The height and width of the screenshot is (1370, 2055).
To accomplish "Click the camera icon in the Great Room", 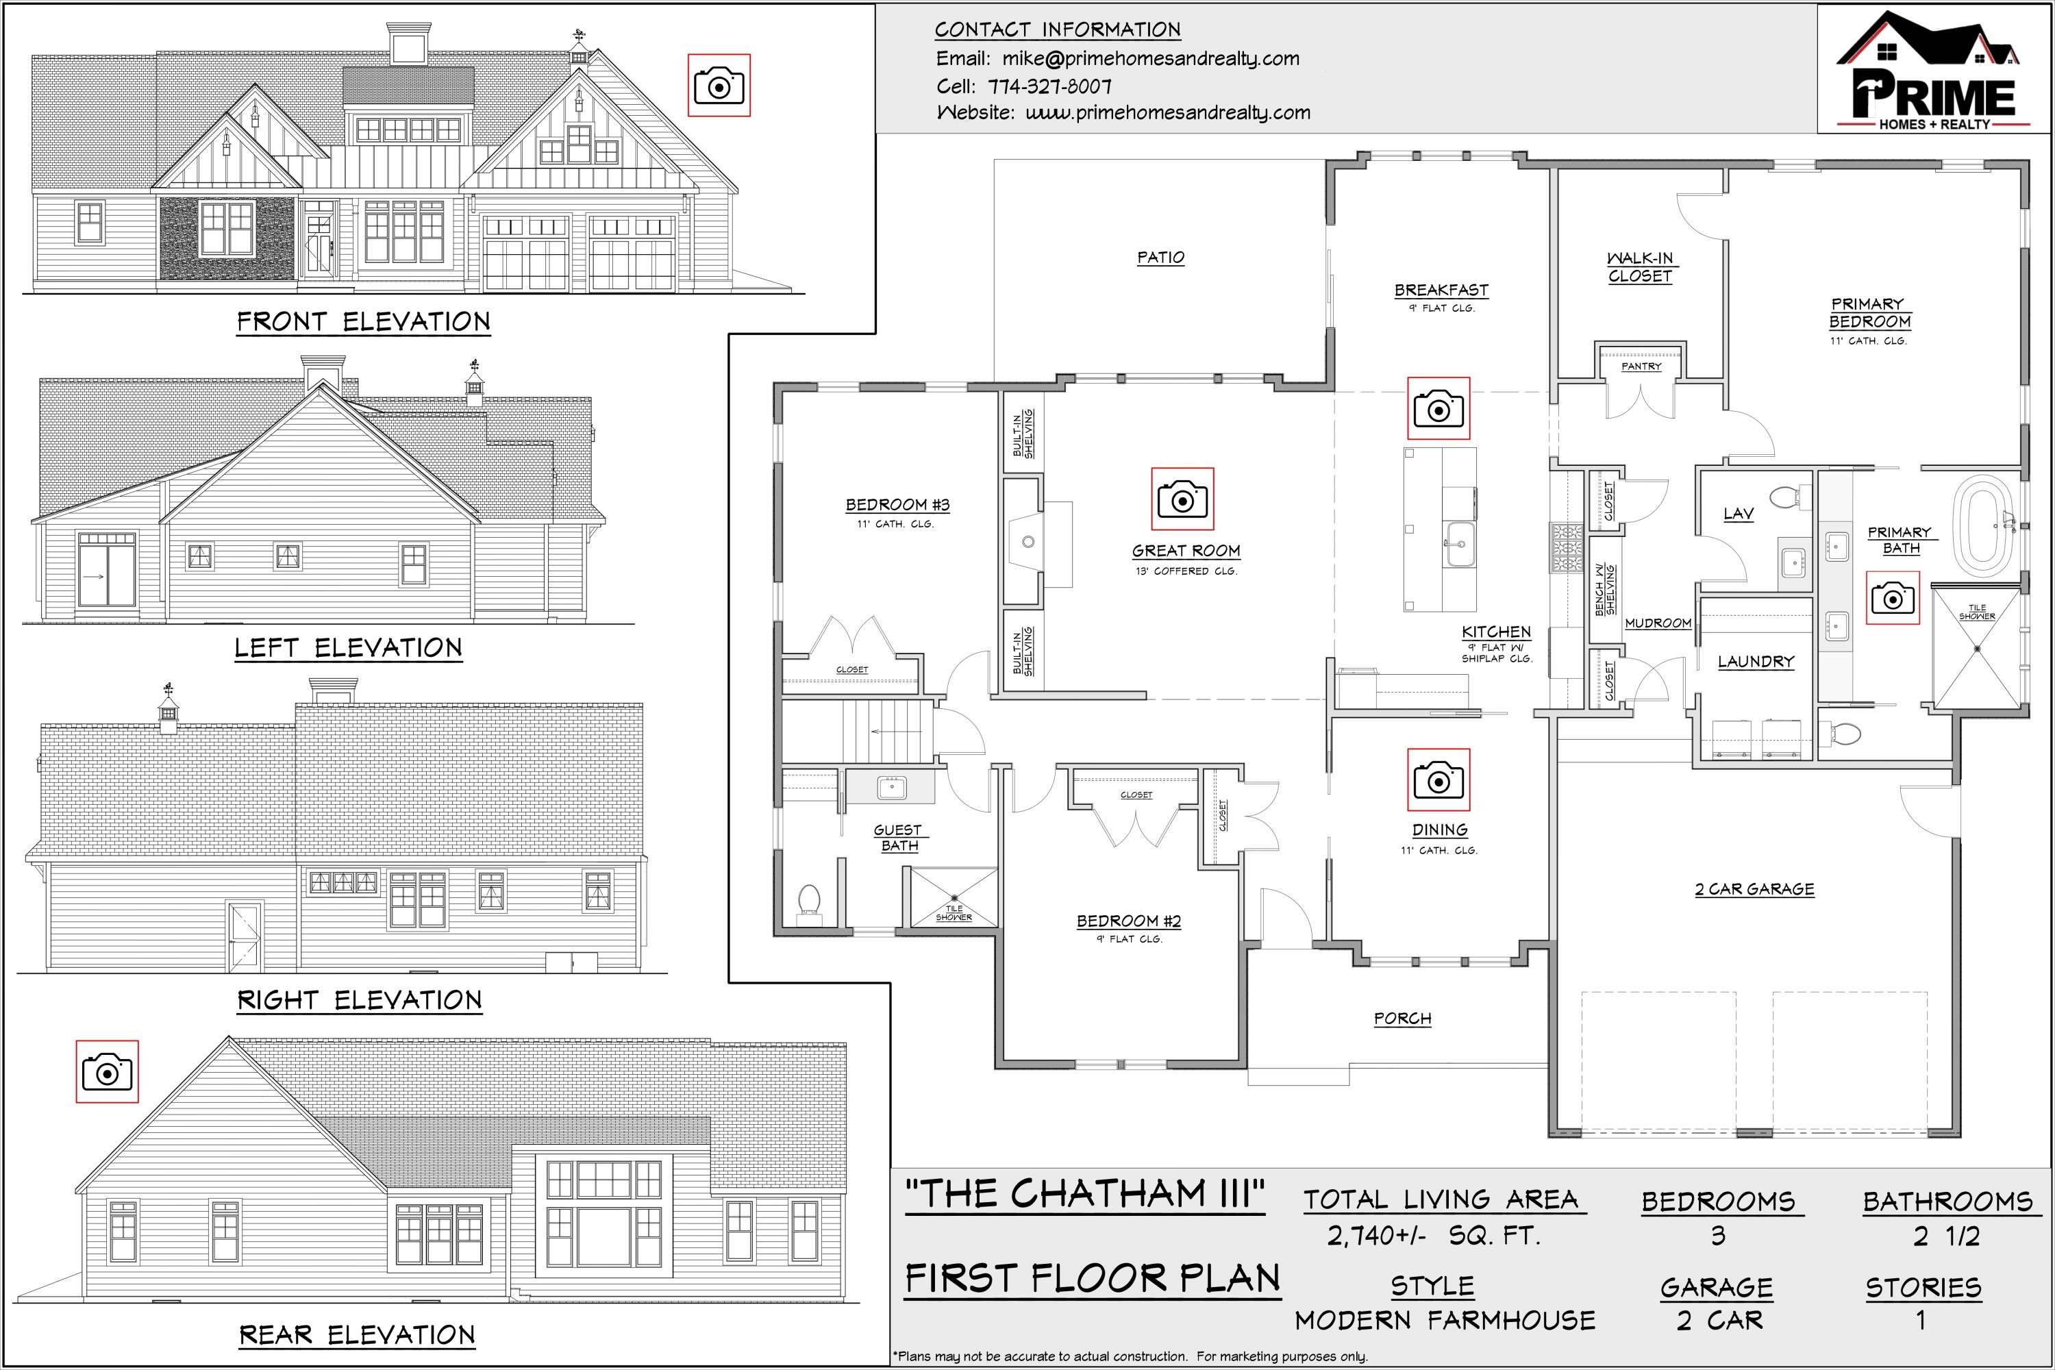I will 1182,499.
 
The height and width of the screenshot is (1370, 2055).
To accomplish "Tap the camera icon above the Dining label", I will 1438,780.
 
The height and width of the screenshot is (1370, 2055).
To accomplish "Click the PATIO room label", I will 1160,258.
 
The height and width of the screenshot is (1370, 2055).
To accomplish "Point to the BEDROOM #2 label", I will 1128,921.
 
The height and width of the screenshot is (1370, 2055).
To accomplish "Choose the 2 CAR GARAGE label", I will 1754,889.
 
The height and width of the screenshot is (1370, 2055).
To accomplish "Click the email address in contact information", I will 1151,58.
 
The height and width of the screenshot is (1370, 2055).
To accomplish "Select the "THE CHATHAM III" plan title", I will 1084,1195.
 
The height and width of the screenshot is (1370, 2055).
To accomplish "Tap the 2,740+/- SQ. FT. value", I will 1433,1236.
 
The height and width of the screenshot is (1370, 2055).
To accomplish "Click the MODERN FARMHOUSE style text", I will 1445,1320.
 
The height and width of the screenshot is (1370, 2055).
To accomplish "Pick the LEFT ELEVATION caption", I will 348,648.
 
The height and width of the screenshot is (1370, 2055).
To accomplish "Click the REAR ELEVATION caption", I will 358,1335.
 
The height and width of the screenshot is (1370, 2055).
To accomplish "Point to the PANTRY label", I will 1641,367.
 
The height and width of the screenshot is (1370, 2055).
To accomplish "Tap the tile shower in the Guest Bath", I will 954,897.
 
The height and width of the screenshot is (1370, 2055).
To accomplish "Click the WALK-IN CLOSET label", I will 1640,267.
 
